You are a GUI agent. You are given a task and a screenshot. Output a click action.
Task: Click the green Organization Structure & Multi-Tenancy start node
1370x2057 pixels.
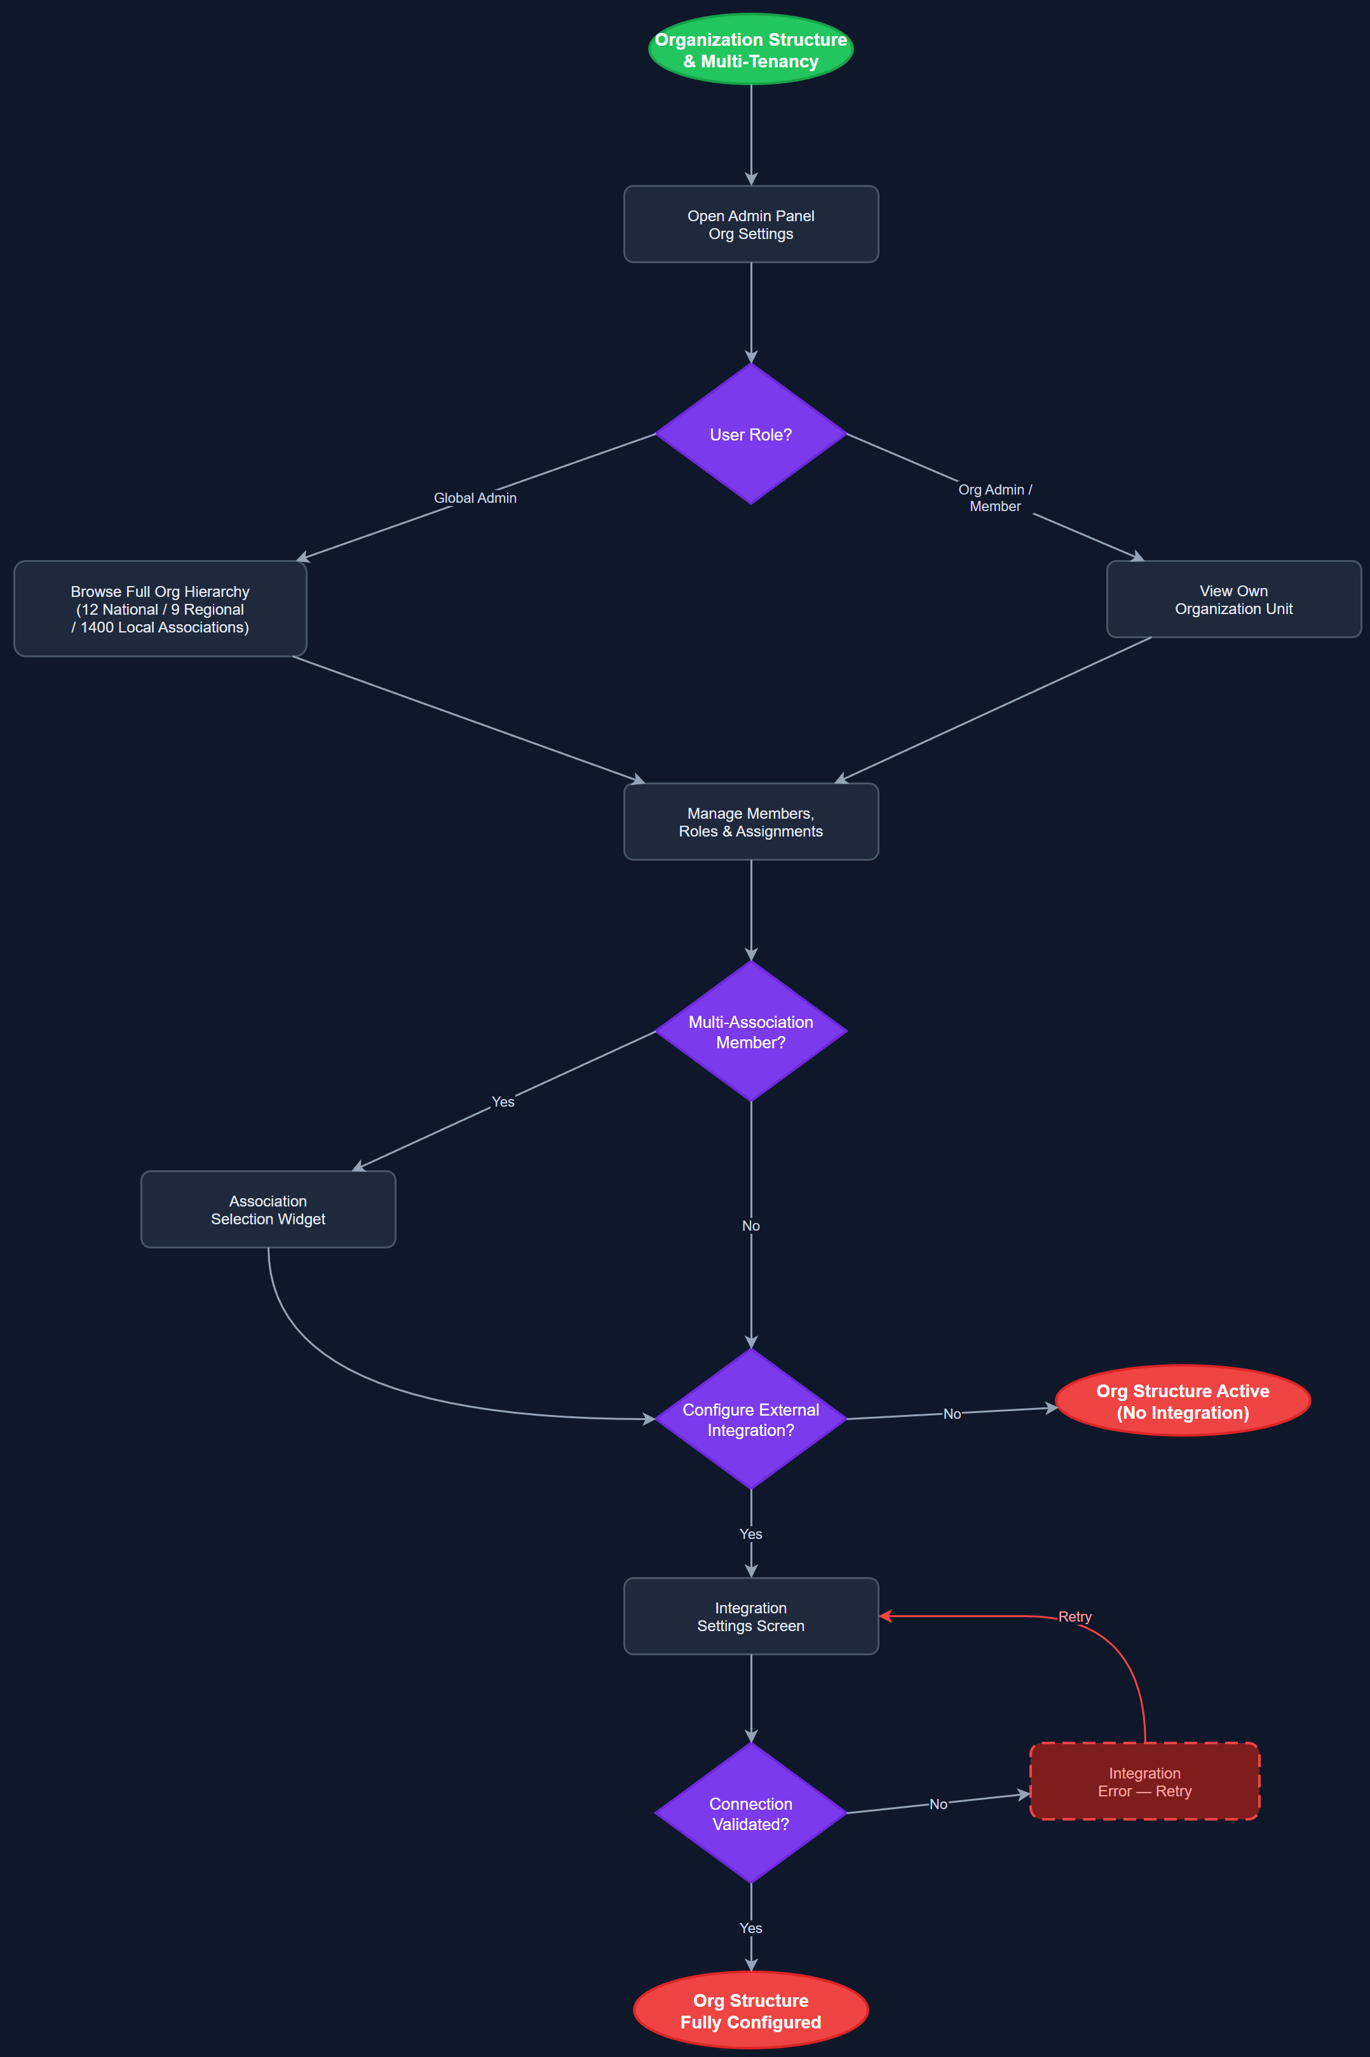click(x=750, y=50)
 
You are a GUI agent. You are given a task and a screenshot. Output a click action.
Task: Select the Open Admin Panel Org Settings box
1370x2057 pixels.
click(x=750, y=224)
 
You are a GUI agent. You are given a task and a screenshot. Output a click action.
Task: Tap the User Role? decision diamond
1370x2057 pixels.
click(x=750, y=434)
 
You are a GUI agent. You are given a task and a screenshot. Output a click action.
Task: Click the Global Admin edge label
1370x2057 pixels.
click(x=475, y=498)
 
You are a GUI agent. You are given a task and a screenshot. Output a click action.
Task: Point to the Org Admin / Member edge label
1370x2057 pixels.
click(x=994, y=498)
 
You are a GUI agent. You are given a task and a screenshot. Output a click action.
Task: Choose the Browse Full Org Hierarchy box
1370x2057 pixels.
click(x=160, y=609)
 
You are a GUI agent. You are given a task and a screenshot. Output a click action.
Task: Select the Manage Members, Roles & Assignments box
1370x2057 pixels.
click(x=750, y=823)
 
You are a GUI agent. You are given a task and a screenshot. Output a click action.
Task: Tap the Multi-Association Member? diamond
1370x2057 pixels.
click(x=750, y=1032)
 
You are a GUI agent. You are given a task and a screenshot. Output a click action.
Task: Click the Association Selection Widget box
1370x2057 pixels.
click(x=268, y=1210)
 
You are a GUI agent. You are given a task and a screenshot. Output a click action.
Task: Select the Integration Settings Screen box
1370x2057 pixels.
click(x=750, y=1616)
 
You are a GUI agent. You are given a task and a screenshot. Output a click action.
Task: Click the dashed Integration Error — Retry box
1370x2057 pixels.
click(x=1144, y=1782)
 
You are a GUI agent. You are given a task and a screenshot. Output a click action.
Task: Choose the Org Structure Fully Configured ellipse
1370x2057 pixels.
click(x=750, y=2011)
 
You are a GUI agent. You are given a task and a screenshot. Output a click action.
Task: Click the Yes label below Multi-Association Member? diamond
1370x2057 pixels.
click(x=503, y=1102)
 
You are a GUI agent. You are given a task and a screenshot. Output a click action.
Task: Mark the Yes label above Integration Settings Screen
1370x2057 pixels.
click(x=750, y=1534)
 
